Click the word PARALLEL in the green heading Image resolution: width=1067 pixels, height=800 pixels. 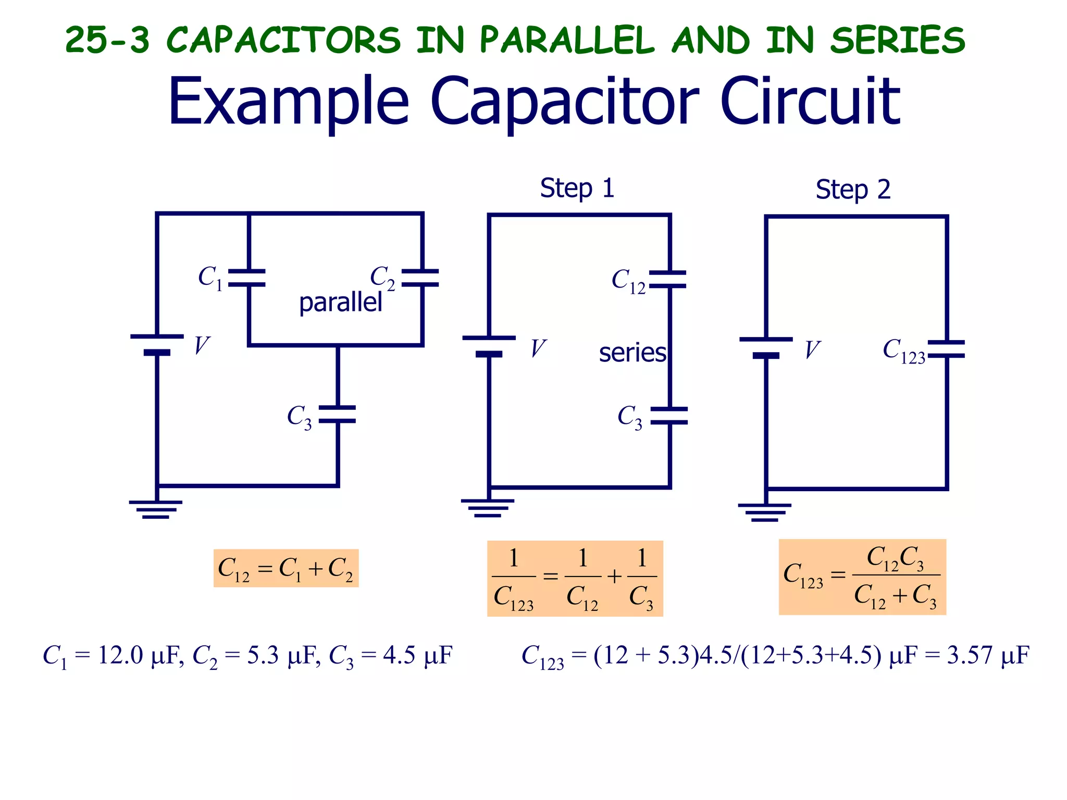pyautogui.click(x=566, y=40)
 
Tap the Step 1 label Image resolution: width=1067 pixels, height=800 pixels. pyautogui.click(x=577, y=188)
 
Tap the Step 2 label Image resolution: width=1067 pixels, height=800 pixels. pyautogui.click(x=853, y=190)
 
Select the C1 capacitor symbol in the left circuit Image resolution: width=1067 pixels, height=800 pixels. pyautogui.click(x=247, y=278)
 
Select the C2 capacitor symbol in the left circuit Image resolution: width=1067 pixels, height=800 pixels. pyautogui.click(x=420, y=278)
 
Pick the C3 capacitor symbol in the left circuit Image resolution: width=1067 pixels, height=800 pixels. pyautogui.click(x=337, y=414)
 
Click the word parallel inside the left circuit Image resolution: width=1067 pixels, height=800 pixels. pyautogui.click(x=340, y=303)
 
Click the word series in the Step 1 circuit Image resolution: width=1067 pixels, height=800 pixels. pyautogui.click(x=632, y=353)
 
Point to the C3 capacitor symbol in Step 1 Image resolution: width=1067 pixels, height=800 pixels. pyautogui.click(x=669, y=416)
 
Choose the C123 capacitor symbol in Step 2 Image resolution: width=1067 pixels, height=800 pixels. pyautogui.click(x=946, y=349)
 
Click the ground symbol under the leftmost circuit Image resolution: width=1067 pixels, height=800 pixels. pyautogui.click(x=156, y=509)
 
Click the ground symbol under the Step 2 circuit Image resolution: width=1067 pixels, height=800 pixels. pyautogui.click(x=764, y=512)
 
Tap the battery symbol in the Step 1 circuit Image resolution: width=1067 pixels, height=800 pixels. pyautogui.click(x=489, y=346)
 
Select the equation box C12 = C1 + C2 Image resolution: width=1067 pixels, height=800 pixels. pyautogui.click(x=286, y=568)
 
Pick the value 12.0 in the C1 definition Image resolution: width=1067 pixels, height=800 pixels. pyautogui.click(x=120, y=655)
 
